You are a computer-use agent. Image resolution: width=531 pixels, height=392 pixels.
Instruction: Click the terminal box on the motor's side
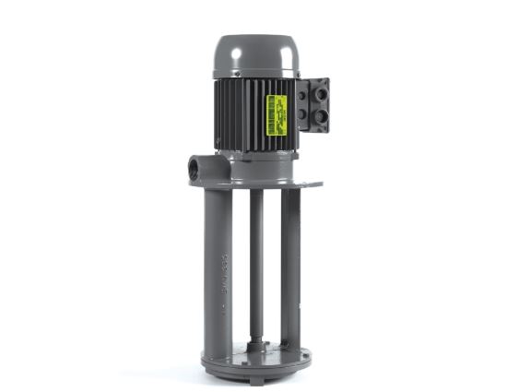313,104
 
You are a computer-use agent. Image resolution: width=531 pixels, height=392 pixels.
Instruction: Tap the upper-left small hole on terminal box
303,92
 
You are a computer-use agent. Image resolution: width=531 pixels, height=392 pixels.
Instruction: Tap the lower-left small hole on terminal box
303,115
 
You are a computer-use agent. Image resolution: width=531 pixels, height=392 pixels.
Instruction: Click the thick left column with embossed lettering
218,267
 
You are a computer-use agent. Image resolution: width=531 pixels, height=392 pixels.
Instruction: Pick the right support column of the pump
290,258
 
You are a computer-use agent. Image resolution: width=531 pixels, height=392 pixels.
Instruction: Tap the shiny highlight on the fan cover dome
242,44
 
